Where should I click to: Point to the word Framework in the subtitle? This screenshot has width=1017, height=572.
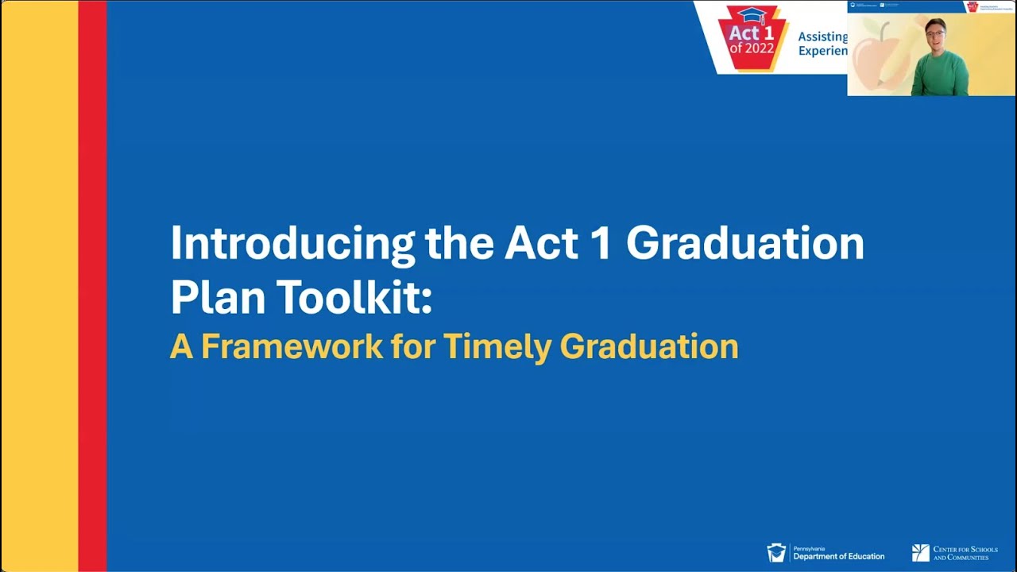pyautogui.click(x=292, y=347)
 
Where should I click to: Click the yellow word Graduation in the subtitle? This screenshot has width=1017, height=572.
pyautogui.click(x=649, y=347)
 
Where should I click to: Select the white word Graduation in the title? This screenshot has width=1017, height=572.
pyautogui.click(x=744, y=244)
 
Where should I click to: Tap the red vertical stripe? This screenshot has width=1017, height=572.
pyautogui.click(x=92, y=286)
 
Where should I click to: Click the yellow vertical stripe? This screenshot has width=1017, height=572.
pyautogui.click(x=39, y=286)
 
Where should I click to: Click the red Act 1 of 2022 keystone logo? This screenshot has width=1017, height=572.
pyautogui.click(x=751, y=40)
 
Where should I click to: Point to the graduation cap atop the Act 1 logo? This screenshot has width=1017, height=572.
pyautogui.click(x=751, y=14)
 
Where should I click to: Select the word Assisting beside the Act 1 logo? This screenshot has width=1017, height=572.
pyautogui.click(x=822, y=37)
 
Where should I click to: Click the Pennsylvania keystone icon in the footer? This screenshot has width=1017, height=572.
pyautogui.click(x=775, y=552)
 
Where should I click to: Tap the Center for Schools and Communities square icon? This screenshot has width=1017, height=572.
pyautogui.click(x=920, y=553)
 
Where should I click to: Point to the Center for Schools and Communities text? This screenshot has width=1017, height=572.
pyautogui.click(x=965, y=553)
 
